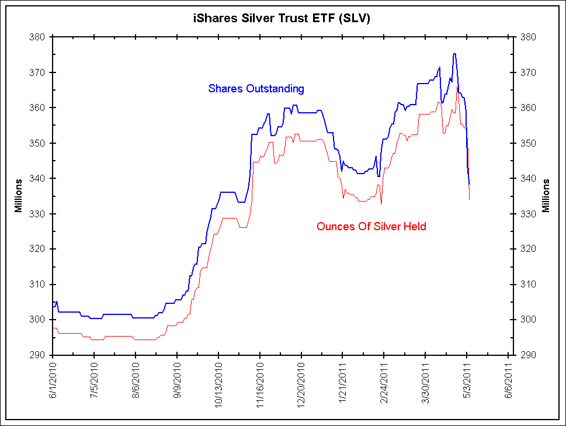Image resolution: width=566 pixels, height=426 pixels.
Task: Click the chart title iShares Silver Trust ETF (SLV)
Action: coord(282,19)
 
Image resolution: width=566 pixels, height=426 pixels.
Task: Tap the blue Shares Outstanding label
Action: coord(256,89)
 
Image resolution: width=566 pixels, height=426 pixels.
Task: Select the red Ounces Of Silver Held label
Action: coord(371,226)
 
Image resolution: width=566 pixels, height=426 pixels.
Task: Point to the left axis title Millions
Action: coord(18,196)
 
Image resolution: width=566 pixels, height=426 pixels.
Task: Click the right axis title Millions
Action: coord(547,196)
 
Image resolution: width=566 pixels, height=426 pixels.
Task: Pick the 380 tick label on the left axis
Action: coord(37,37)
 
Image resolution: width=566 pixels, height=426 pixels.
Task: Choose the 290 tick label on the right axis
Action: coord(527,355)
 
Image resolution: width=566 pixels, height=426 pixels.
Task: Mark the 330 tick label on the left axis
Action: coord(37,214)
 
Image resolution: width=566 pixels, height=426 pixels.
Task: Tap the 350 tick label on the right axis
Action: coord(527,143)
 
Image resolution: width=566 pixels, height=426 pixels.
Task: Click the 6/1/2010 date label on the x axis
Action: coord(53,380)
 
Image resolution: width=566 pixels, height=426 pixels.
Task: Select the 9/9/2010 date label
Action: coord(178,380)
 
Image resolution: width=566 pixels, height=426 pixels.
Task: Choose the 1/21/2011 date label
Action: coord(343,380)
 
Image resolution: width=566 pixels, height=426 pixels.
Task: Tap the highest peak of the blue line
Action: coord(454,54)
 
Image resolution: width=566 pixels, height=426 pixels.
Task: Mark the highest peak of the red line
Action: coord(457,86)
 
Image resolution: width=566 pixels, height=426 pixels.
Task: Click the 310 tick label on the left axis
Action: coord(37,284)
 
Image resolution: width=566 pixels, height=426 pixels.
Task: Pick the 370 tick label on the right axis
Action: coord(527,72)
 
